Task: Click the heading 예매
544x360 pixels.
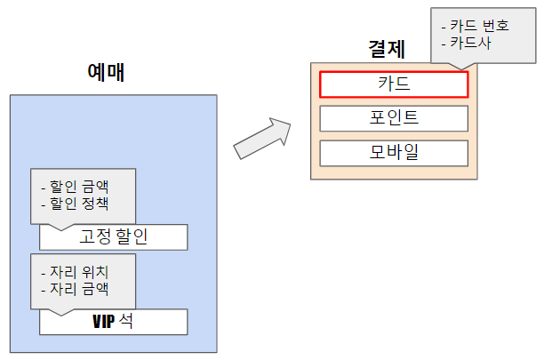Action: [106, 72]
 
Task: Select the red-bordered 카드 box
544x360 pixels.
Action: [393, 84]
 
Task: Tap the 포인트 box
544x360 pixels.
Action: [393, 118]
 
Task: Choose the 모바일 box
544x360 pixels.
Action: [393, 152]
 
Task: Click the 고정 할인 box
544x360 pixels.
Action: [113, 237]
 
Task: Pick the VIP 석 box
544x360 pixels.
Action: [113, 322]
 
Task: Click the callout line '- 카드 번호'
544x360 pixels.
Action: [476, 26]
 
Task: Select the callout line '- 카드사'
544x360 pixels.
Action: [466, 43]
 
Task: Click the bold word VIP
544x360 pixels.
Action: [104, 322]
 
